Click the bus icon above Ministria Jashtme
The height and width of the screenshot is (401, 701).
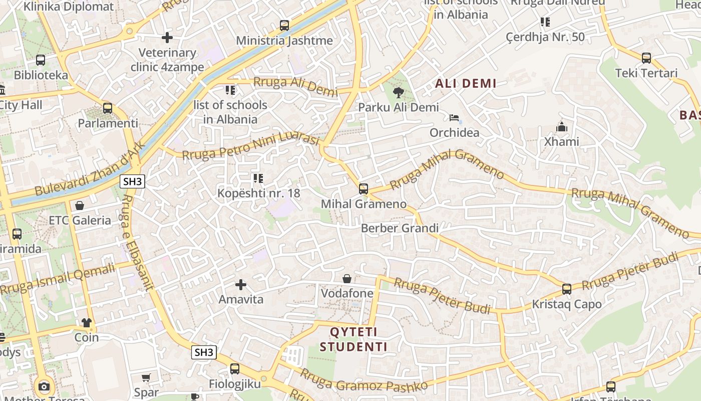pyautogui.click(x=284, y=25)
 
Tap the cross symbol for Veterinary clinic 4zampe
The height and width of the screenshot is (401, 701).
pyautogui.click(x=167, y=38)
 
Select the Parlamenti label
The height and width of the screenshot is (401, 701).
pyautogui.click(x=108, y=123)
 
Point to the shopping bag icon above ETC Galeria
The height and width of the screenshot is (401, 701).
pyautogui.click(x=79, y=206)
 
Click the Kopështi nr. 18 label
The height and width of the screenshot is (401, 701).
pyautogui.click(x=258, y=193)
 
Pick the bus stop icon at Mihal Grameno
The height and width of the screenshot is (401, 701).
pyautogui.click(x=364, y=189)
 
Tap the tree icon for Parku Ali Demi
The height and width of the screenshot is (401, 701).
pyautogui.click(x=399, y=92)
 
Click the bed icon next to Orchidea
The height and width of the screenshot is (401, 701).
pyautogui.click(x=454, y=118)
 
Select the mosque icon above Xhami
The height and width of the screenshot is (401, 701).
pyautogui.click(x=562, y=127)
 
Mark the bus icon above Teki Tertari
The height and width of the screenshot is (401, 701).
pyautogui.click(x=646, y=58)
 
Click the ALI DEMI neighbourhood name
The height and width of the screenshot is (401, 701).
pyautogui.click(x=466, y=84)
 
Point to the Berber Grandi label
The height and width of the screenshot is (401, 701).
pyautogui.click(x=400, y=229)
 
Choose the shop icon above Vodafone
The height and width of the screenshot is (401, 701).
pyautogui.click(x=347, y=279)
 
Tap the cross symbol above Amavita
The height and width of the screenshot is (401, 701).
pyautogui.click(x=241, y=285)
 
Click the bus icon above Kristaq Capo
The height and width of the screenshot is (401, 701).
pyautogui.click(x=567, y=289)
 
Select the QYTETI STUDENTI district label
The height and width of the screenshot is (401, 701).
pyautogui.click(x=354, y=339)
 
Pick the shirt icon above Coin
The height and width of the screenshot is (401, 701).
pyautogui.click(x=87, y=323)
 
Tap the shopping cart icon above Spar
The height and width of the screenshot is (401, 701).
pyautogui.click(x=146, y=377)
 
